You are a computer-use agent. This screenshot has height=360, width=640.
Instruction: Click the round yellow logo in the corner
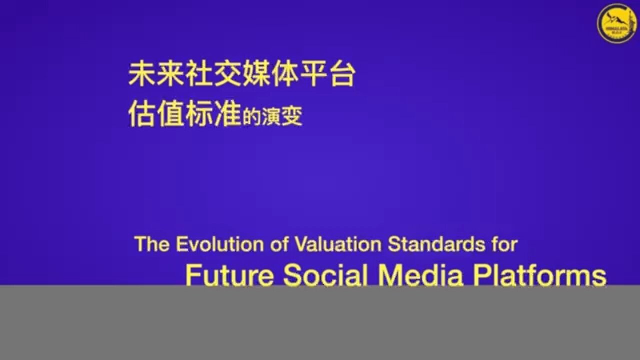click(616, 22)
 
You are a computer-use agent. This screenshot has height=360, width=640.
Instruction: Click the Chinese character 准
click(227, 115)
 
